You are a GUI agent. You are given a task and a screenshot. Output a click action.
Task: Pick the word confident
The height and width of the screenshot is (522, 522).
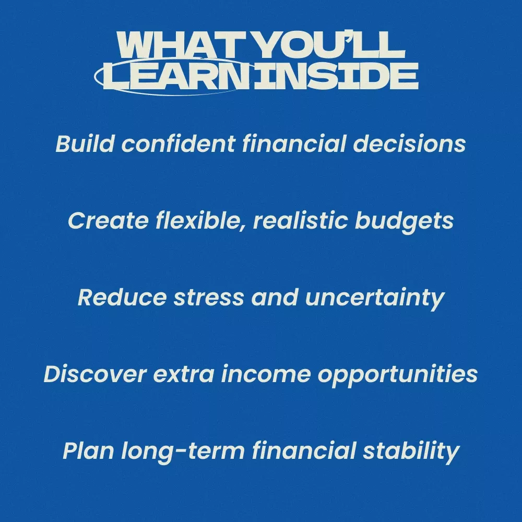click(x=178, y=144)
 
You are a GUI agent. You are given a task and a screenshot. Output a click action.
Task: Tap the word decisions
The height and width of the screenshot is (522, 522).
click(x=409, y=144)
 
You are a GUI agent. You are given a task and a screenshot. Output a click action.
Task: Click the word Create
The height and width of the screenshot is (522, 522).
click(x=108, y=220)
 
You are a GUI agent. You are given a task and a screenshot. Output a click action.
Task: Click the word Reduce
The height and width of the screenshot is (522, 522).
click(x=122, y=297)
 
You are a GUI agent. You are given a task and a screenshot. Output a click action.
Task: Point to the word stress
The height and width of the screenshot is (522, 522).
click(x=209, y=298)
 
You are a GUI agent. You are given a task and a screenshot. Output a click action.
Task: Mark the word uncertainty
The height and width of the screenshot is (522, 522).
click(x=374, y=298)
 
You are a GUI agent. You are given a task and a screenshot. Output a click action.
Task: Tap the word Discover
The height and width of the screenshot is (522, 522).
click(x=95, y=374)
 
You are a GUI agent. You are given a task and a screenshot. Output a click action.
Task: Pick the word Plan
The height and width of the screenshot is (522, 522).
click(x=88, y=451)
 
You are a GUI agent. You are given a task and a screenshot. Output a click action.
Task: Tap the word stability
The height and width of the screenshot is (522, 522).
click(x=411, y=452)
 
